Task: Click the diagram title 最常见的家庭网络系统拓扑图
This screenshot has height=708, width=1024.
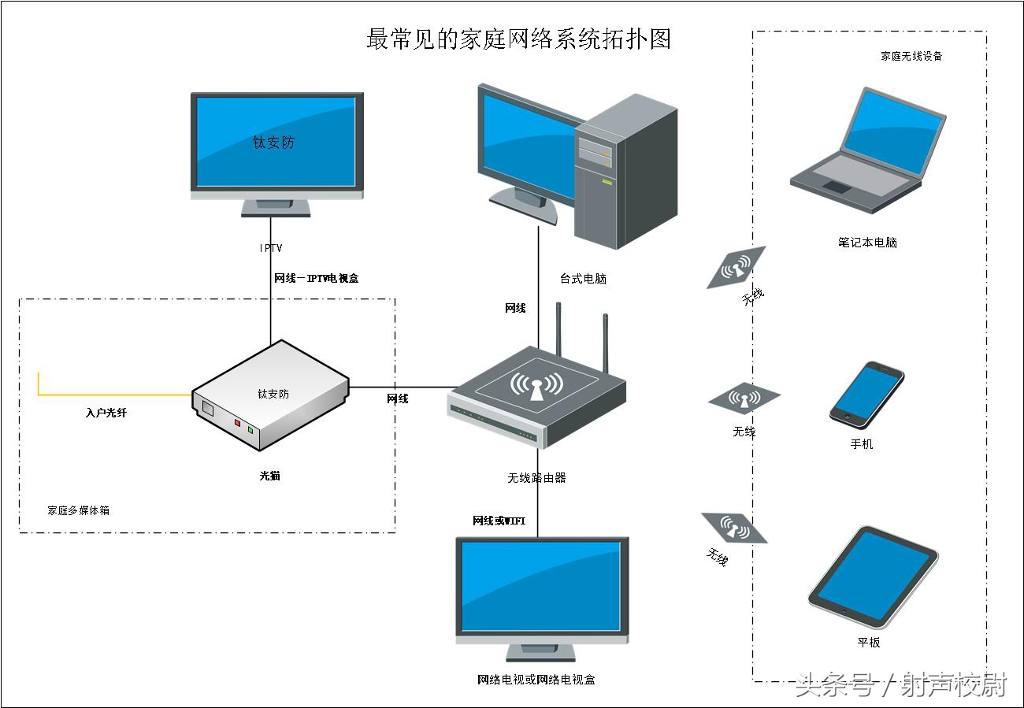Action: point(518,39)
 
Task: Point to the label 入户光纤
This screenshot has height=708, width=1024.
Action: point(106,412)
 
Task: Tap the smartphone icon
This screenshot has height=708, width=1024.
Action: point(866,395)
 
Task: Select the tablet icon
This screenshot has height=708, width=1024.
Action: point(873,576)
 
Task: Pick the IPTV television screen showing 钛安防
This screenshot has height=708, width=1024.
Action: point(276,143)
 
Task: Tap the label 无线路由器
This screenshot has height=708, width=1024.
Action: point(536,477)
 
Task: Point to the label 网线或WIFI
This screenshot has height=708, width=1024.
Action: point(499,521)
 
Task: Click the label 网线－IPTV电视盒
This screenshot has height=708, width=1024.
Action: point(316,278)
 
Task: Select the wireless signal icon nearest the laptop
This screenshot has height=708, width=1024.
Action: point(736,268)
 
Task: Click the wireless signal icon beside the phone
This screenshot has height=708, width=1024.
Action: point(744,398)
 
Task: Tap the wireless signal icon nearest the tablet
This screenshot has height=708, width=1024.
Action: point(733,527)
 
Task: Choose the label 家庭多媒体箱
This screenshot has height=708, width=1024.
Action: point(78,510)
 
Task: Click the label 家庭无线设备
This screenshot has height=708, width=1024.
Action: point(911,56)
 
